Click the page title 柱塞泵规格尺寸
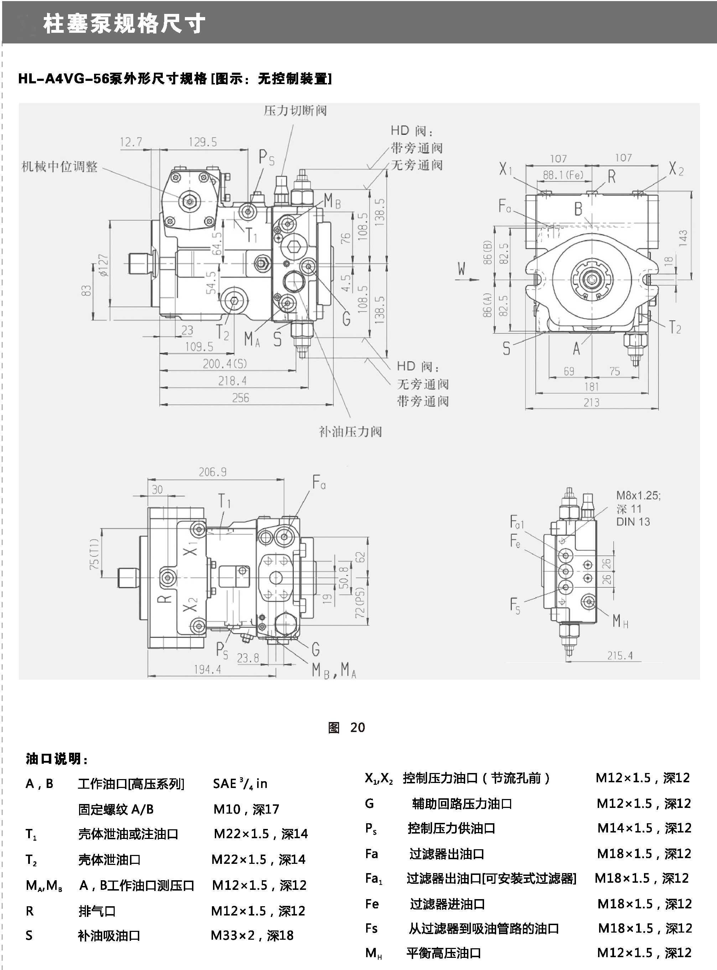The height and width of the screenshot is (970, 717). tap(124, 24)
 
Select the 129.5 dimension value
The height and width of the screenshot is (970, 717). tap(202, 142)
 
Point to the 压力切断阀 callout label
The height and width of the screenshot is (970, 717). tap(295, 111)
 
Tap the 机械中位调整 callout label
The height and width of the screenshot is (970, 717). tap(60, 167)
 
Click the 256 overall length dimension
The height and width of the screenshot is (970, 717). tap(240, 398)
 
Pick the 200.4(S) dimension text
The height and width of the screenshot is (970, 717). tap(225, 364)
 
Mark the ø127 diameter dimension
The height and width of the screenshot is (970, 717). tap(104, 265)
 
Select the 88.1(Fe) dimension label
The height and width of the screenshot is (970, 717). tap(563, 175)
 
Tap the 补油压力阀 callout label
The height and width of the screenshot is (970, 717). tap(350, 431)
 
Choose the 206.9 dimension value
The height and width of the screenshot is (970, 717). tap(213, 472)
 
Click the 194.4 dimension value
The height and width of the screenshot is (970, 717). tap(207, 670)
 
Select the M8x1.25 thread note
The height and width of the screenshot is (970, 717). tap(638, 495)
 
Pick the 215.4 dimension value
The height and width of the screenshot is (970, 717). tap(620, 655)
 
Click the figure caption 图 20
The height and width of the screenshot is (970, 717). tap(346, 727)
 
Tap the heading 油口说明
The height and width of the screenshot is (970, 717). tap(56, 759)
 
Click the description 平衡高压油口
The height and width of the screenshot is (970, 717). tap(443, 953)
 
